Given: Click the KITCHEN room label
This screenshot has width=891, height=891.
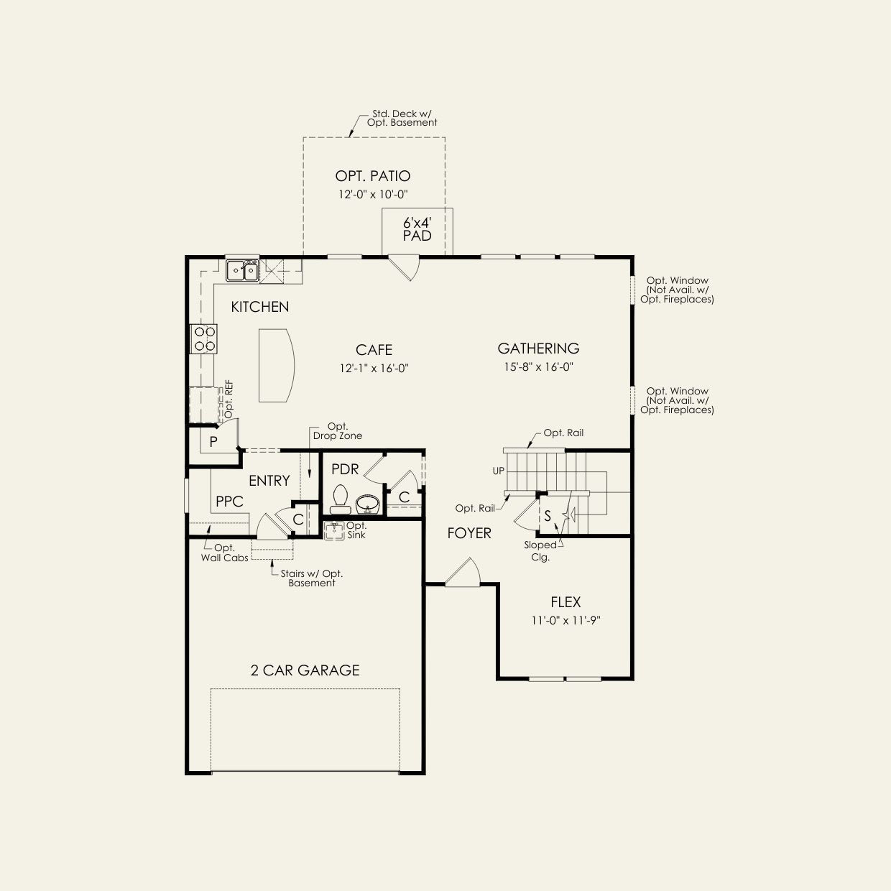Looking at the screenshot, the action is click(x=260, y=307).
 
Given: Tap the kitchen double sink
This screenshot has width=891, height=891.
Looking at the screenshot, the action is click(x=242, y=270).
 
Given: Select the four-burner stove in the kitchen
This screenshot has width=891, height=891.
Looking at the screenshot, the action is click(x=203, y=339).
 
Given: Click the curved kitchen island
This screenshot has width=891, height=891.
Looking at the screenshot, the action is click(x=276, y=365).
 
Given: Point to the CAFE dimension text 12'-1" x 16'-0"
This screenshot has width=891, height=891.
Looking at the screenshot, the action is click(x=374, y=369).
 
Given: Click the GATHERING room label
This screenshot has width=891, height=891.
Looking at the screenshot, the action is click(x=538, y=348).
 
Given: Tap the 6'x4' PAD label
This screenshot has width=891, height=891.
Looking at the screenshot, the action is click(x=417, y=230).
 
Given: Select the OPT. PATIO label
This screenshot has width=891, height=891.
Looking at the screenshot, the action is click(x=373, y=176).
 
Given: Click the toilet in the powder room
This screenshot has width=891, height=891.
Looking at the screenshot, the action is click(x=341, y=499).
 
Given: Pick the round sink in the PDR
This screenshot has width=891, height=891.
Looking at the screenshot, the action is click(x=368, y=504).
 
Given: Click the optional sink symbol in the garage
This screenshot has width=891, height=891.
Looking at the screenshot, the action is click(x=334, y=531).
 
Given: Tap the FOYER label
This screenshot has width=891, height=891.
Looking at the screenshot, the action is click(x=468, y=534).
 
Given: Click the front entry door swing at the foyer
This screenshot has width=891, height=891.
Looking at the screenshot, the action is click(x=463, y=573).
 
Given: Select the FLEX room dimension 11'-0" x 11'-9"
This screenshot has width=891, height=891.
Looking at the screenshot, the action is click(x=565, y=621).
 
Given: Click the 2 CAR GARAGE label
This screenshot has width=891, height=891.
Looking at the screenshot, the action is click(x=305, y=670).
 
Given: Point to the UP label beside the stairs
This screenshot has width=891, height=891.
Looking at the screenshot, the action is click(x=499, y=471).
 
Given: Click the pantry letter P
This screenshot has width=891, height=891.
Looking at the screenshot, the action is click(x=213, y=442).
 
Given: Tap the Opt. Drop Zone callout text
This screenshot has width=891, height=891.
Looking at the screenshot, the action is click(x=338, y=431).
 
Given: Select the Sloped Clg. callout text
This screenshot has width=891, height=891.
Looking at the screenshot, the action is click(x=540, y=551).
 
